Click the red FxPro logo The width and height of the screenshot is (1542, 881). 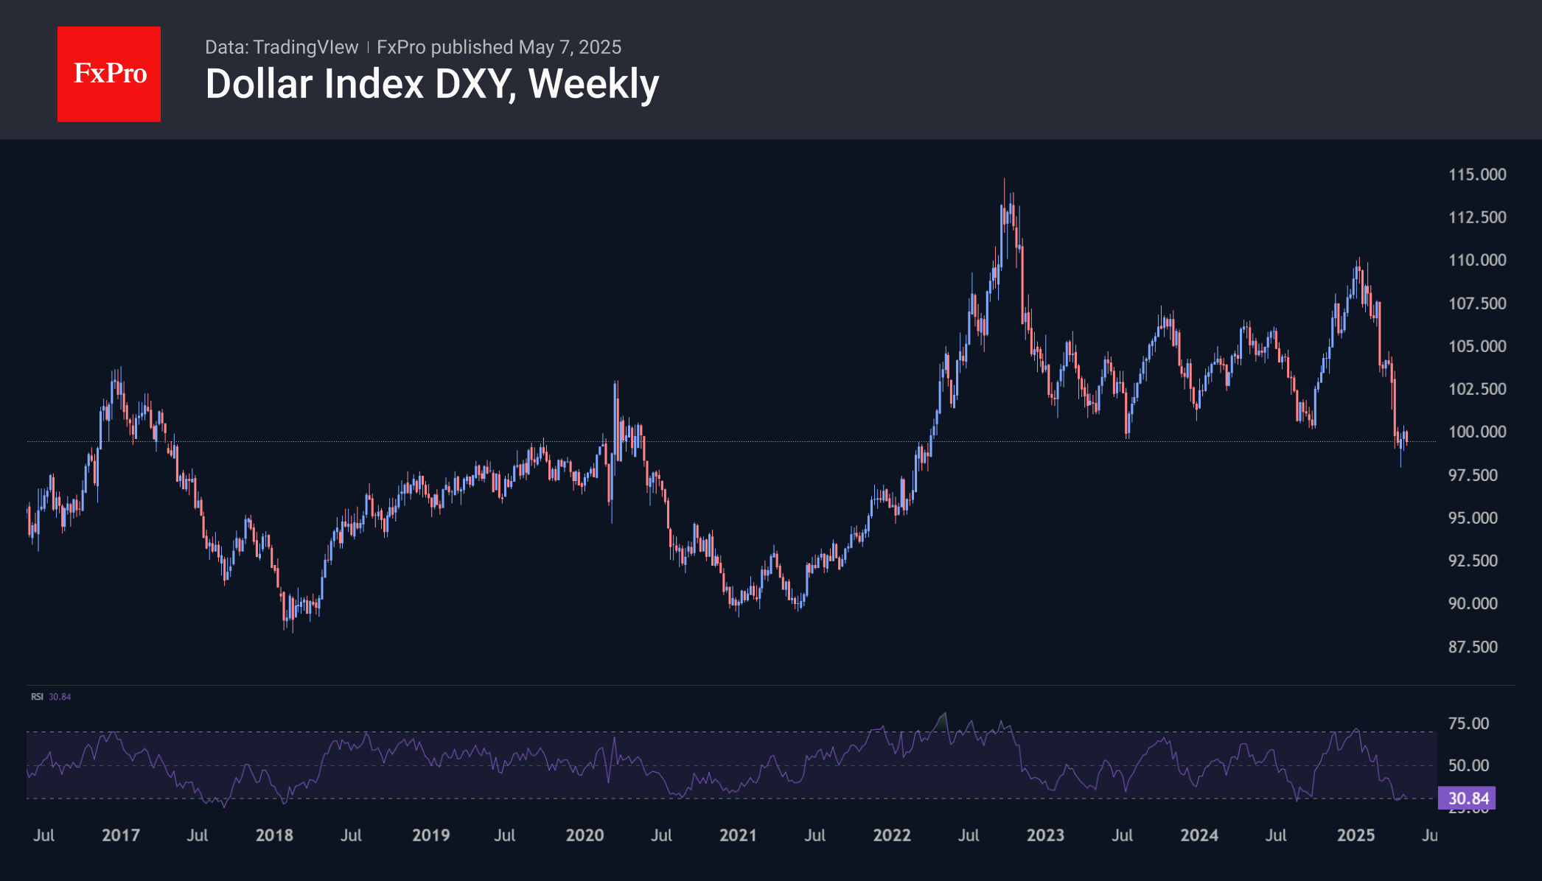[x=109, y=74]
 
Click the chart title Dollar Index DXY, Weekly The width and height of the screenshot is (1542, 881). [x=432, y=84]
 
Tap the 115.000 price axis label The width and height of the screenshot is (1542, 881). [x=1477, y=175]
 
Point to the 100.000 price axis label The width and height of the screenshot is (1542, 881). [x=1477, y=432]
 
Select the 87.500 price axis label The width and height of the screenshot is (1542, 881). [x=1473, y=647]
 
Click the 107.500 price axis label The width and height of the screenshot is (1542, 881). [x=1477, y=303]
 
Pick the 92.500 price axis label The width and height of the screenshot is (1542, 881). [x=1473, y=561]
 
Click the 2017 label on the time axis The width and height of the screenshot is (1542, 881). [x=121, y=835]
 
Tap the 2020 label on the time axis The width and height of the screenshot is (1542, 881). [x=585, y=835]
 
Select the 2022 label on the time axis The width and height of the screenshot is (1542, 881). [x=892, y=835]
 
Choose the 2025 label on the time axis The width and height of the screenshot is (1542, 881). [x=1356, y=835]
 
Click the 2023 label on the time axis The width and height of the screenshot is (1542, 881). [x=1045, y=835]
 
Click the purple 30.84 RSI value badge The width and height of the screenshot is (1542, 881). [x=1468, y=798]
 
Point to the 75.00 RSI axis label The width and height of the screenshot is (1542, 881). [x=1468, y=723]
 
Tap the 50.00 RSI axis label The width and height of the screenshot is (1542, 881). [x=1468, y=765]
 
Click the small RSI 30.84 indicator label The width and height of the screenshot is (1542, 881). [x=51, y=697]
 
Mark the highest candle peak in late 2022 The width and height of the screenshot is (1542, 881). [x=1004, y=180]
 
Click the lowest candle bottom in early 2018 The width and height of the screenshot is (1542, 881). [x=293, y=631]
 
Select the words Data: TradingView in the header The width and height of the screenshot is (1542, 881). [x=282, y=47]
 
